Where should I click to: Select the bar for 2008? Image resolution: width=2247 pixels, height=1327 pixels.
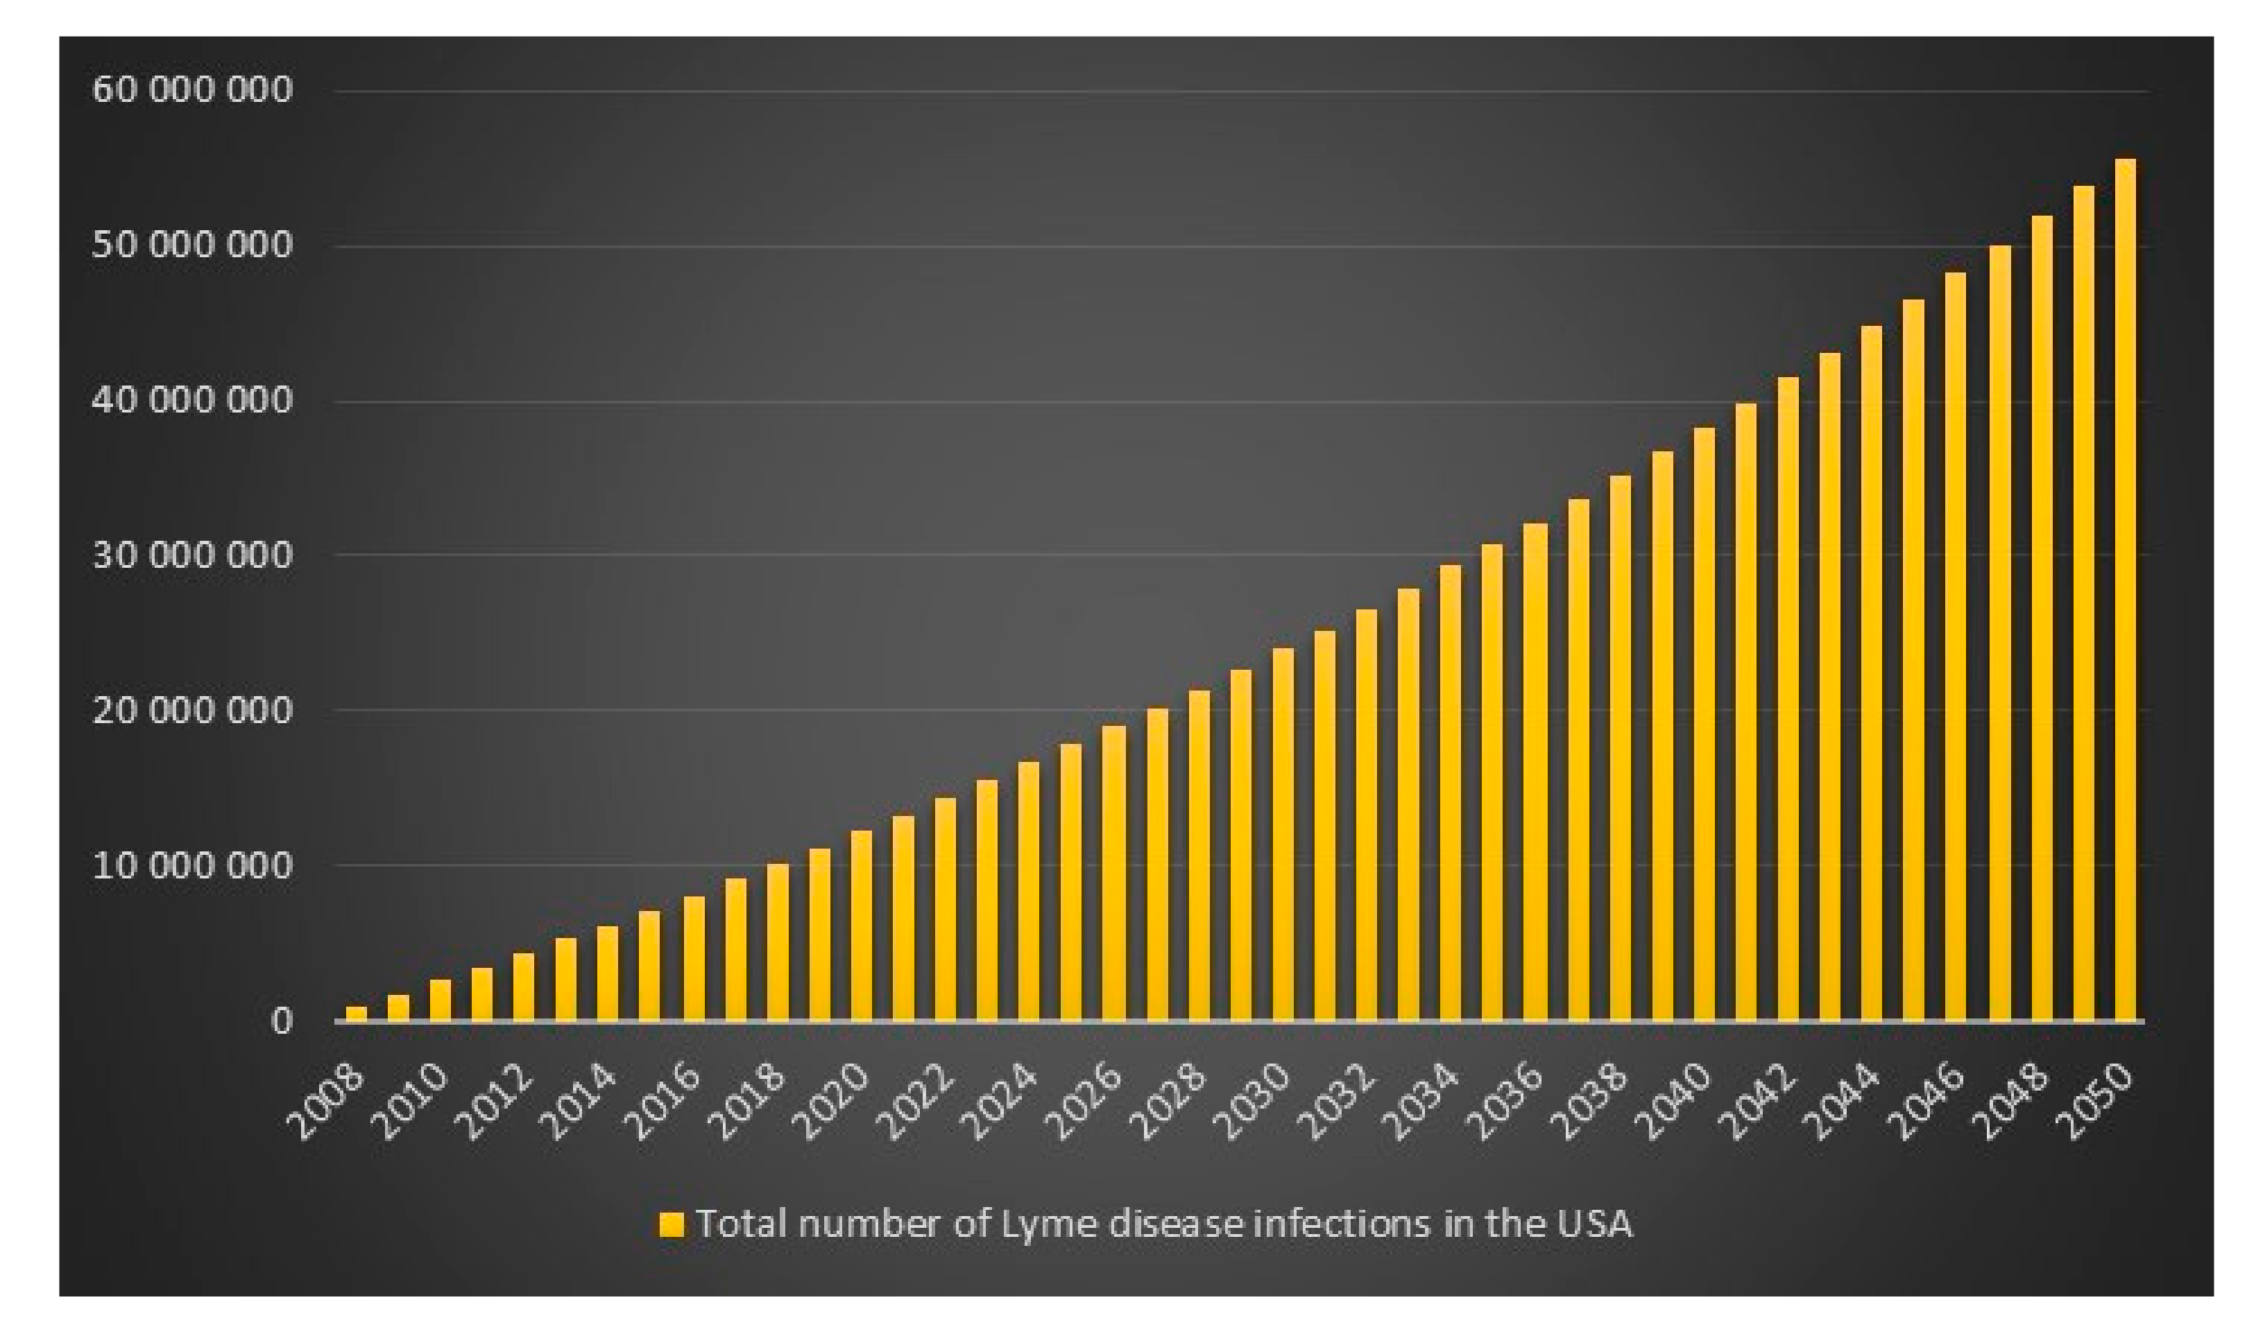tap(356, 1014)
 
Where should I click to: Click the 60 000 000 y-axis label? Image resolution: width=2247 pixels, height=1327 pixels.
tap(192, 90)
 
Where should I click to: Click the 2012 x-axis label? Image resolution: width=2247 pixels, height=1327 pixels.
tap(497, 1105)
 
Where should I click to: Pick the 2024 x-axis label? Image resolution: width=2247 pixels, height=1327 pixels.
tap(1002, 1105)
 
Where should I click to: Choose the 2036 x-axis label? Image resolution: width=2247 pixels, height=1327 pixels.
tap(1508, 1105)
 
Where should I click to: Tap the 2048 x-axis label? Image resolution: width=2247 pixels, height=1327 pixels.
tap(2013, 1105)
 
